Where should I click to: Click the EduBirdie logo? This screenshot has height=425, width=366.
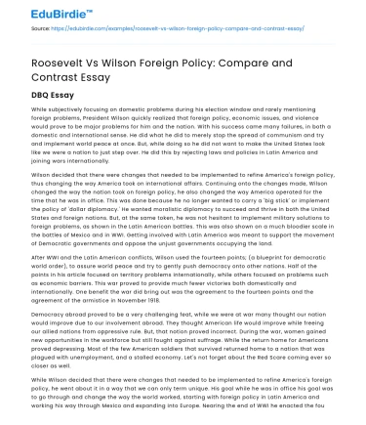click(x=40, y=13)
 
